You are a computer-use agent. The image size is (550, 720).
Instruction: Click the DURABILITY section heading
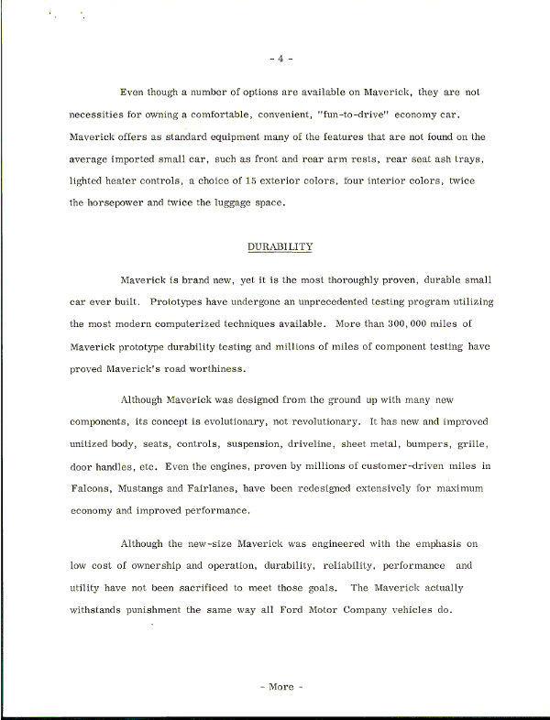tap(280, 248)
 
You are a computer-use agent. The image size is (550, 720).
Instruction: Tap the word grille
tap(471, 444)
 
